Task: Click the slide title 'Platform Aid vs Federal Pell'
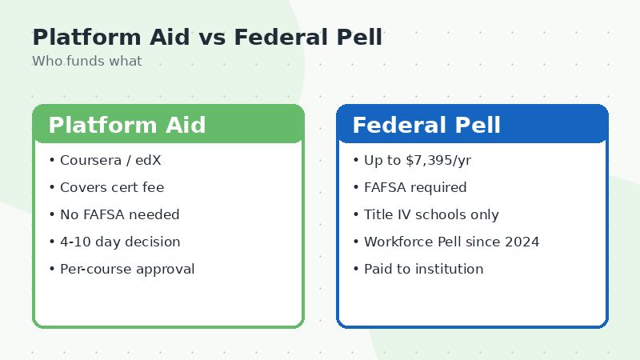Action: click(207, 38)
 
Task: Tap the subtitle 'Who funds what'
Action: click(87, 62)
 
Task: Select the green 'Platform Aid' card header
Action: click(168, 125)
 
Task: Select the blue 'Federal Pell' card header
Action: click(472, 125)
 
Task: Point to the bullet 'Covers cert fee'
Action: click(112, 187)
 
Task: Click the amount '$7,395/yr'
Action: click(438, 160)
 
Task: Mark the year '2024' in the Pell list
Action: click(522, 242)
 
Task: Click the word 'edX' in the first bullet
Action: click(148, 160)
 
